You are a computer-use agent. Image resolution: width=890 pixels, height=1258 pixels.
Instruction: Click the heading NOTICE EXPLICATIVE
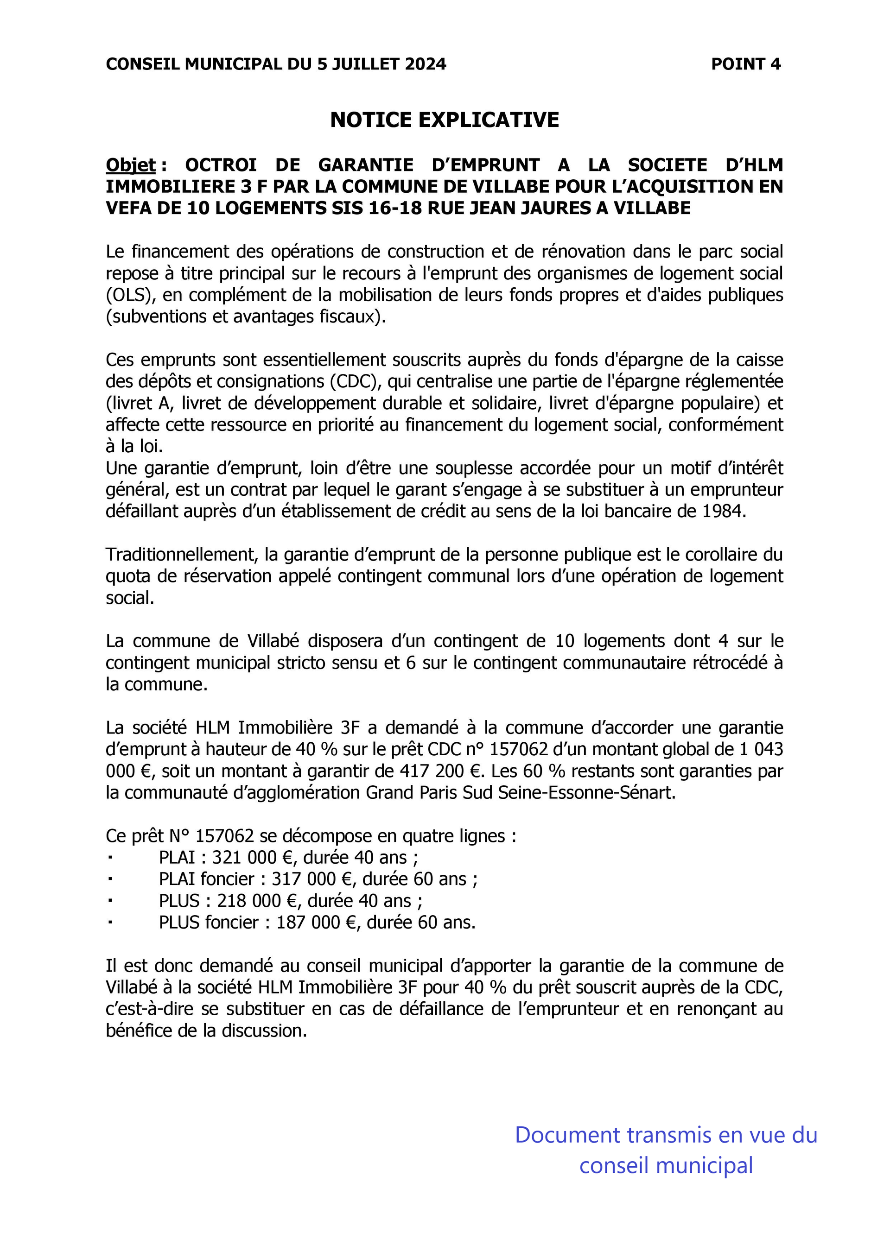click(445, 120)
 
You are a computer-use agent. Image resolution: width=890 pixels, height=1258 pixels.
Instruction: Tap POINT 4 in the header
click(745, 64)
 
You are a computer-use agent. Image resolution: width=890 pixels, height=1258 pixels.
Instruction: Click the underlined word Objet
click(130, 164)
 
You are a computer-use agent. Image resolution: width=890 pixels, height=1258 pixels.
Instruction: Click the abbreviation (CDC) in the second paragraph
click(357, 381)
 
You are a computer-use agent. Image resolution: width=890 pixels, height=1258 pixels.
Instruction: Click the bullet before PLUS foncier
click(110, 922)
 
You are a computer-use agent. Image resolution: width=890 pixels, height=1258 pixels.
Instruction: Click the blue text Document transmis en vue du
click(666, 1135)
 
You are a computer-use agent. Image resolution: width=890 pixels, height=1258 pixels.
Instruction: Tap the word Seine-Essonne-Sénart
click(586, 793)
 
